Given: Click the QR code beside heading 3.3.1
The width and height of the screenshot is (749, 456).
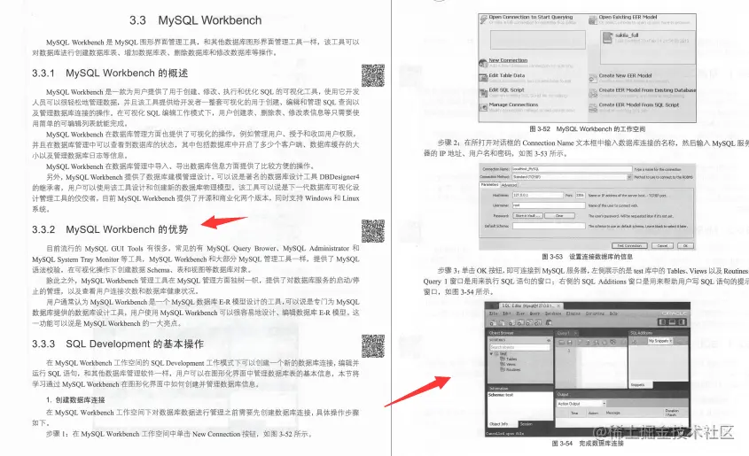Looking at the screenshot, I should [373, 77].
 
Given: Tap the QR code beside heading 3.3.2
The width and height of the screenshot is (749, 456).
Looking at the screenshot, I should [373, 232].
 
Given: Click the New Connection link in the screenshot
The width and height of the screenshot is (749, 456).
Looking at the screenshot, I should [508, 61].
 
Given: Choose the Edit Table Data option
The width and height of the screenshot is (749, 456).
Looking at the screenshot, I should [506, 75].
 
